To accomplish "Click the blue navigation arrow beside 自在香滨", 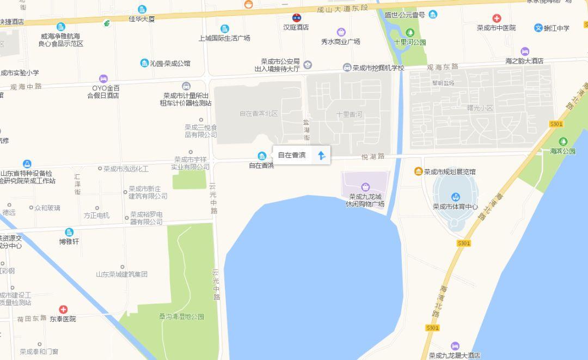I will (322, 155).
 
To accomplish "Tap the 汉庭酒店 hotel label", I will (296, 27).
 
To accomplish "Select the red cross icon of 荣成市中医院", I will (496, 19).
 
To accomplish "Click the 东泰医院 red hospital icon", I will (63, 309).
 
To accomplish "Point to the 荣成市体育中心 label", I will (455, 206).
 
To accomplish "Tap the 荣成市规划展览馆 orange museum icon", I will (418, 172).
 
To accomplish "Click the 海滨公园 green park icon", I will (562, 142).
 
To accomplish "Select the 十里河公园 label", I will (409, 42).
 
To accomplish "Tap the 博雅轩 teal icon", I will (69, 233).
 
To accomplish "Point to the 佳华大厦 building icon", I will (142, 9).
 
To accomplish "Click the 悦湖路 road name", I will (373, 156).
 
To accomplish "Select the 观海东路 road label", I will (443, 67).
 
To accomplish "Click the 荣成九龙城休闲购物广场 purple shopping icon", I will (365, 187).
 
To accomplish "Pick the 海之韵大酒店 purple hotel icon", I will (524, 52).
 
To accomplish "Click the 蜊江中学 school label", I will (556, 28).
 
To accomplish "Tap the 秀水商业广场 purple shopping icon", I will (341, 32).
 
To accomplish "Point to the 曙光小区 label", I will (480, 108).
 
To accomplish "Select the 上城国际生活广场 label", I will (224, 38).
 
